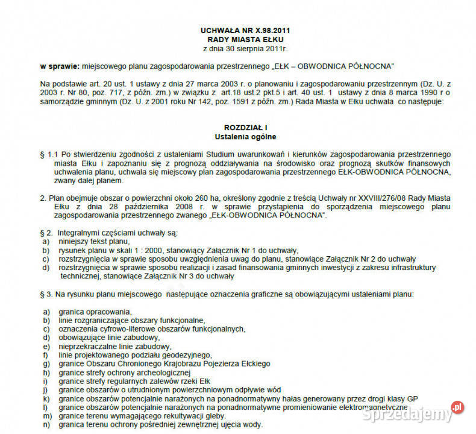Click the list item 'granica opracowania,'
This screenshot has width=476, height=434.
(95, 312)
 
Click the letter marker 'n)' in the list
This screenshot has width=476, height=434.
(46, 425)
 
